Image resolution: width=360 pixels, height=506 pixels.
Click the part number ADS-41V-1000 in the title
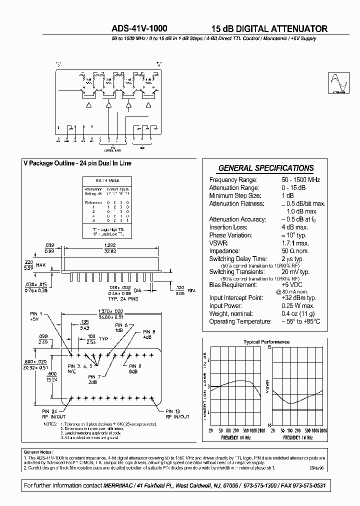[140, 29]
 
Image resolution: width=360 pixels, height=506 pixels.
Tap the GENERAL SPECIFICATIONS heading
[266, 168]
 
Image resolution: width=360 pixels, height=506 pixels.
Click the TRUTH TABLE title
[107, 180]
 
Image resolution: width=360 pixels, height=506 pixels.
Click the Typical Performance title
[266, 342]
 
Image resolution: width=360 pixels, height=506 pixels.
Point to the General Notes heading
[38, 451]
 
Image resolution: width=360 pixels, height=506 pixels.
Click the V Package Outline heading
[77, 163]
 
